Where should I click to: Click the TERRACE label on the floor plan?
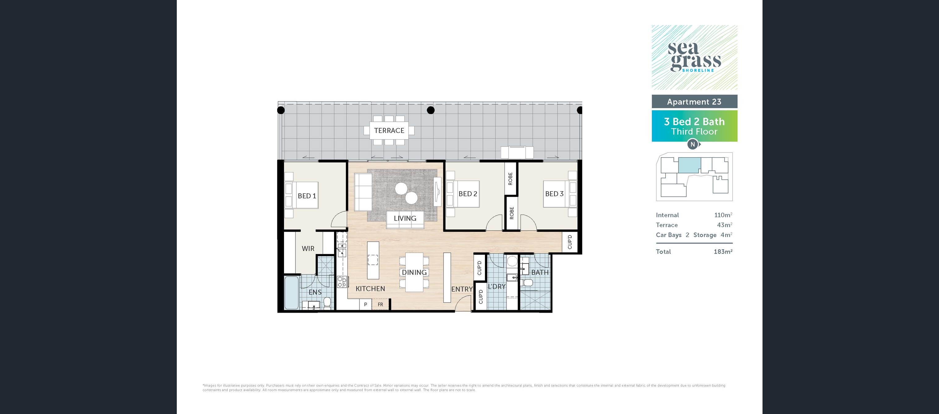click(x=389, y=130)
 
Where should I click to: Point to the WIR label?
click(x=308, y=248)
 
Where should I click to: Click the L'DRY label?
click(x=497, y=287)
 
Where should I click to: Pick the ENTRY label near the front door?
click(x=462, y=289)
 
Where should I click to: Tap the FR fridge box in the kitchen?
click(x=380, y=305)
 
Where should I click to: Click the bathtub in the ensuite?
click(x=291, y=293)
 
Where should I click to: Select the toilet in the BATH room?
click(x=527, y=283)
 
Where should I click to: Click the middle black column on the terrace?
click(x=431, y=110)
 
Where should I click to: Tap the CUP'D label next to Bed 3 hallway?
click(x=570, y=242)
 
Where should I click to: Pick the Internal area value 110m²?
click(x=723, y=215)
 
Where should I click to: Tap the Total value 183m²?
click(x=723, y=251)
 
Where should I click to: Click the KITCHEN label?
click(x=370, y=289)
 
